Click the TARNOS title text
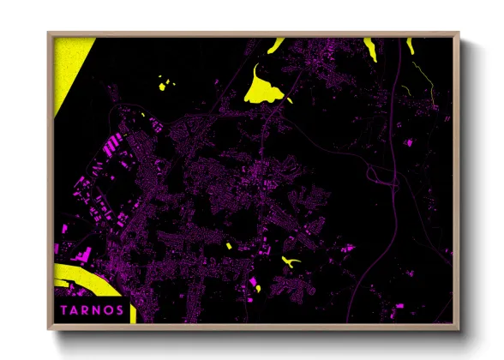92,310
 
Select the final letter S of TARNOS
119,310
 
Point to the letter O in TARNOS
108,310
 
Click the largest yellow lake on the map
261,87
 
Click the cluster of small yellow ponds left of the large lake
165,84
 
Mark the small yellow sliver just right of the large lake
289,100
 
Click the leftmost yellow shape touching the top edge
276,45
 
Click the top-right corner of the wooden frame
458,33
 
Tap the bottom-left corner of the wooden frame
50,327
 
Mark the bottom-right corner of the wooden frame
458,327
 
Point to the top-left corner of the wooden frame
50,33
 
